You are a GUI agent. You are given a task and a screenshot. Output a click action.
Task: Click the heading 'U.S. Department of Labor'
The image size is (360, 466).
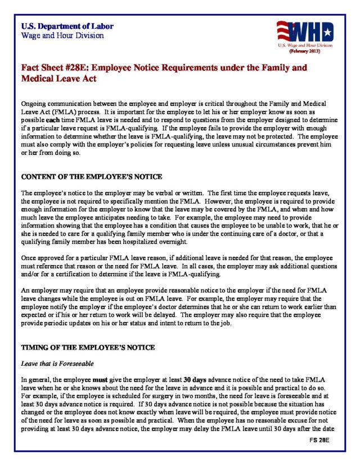(x=67, y=26)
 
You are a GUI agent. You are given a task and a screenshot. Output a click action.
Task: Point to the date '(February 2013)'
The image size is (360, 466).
(x=305, y=51)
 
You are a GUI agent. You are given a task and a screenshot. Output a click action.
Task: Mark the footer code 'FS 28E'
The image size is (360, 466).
(x=318, y=439)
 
